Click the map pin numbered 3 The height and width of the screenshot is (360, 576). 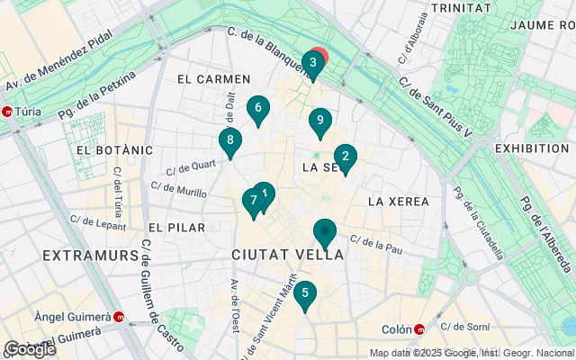tap(312, 64)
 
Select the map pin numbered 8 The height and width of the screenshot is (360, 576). tap(230, 141)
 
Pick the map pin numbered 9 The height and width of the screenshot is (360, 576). tap(319, 121)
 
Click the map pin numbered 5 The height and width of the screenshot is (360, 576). tap(306, 294)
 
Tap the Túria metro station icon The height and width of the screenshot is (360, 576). tap(8, 112)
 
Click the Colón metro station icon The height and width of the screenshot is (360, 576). tap(418, 329)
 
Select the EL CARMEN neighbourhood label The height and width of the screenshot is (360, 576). tap(212, 79)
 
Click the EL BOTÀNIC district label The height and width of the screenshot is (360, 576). tap(110, 149)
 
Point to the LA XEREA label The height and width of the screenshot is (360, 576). tap(399, 201)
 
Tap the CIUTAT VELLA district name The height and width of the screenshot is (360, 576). tap(288, 255)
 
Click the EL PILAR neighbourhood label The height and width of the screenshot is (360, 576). tap(176, 228)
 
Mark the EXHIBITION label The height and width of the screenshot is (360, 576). tap(532, 148)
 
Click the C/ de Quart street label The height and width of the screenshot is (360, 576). tap(191, 166)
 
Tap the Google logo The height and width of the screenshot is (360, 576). tap(30, 349)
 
